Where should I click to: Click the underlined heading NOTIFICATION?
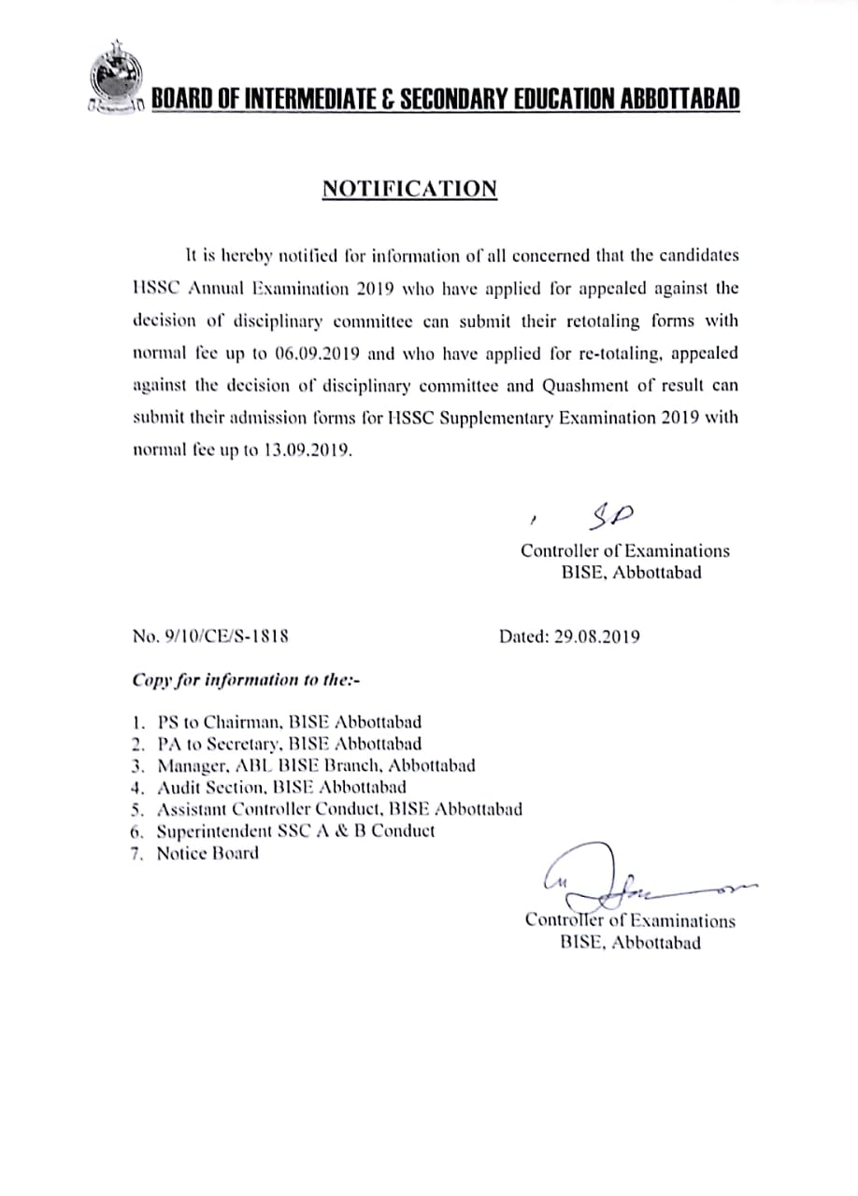point(409,189)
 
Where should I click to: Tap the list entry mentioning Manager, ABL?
point(316,765)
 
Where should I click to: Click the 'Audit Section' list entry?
point(281,787)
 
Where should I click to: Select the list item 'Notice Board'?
point(207,852)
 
